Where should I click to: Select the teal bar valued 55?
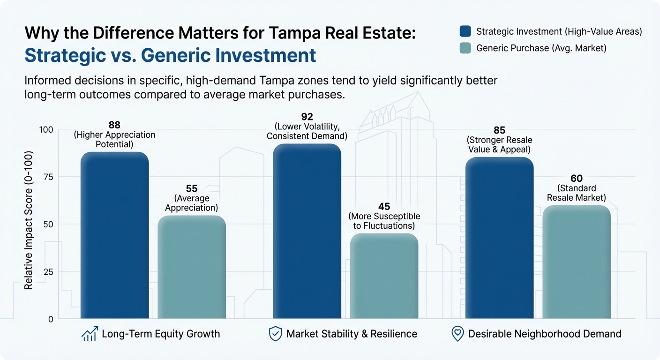click(x=192, y=267)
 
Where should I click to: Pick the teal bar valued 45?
click(x=384, y=276)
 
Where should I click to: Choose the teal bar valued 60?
click(x=576, y=262)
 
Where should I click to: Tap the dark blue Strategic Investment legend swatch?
click(x=465, y=31)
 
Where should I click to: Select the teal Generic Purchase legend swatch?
click(x=465, y=48)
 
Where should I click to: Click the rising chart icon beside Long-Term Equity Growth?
click(x=89, y=334)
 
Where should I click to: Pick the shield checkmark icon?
click(x=275, y=334)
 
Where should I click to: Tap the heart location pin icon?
click(x=457, y=334)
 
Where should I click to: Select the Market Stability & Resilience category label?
click(x=352, y=334)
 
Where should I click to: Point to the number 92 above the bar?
click(x=307, y=117)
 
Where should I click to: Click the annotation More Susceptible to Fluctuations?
click(x=384, y=221)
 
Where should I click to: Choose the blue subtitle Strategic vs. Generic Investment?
click(x=170, y=55)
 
